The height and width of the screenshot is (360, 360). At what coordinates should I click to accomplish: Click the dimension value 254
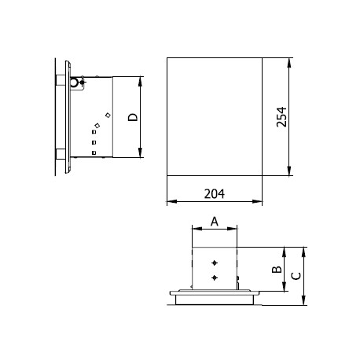pos(281,117)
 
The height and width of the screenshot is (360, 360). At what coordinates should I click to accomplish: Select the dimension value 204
pos(215,194)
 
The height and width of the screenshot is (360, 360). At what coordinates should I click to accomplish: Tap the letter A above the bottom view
pos(215,222)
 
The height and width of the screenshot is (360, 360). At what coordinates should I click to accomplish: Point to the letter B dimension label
pos(277,270)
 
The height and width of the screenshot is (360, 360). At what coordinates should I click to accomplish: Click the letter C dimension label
pos(296,276)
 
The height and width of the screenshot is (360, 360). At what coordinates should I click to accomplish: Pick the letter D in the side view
pos(133,117)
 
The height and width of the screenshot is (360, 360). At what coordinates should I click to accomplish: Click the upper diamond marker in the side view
pos(108,115)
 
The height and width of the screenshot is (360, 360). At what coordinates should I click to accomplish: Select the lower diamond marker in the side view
pos(97,126)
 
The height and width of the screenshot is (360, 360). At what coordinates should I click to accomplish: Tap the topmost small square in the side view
pos(94,132)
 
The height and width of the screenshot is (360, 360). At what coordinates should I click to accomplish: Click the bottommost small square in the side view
pos(94,152)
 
